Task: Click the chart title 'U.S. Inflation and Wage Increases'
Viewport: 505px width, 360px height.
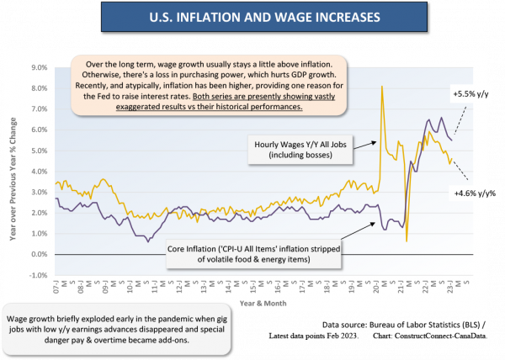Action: (x=253, y=16)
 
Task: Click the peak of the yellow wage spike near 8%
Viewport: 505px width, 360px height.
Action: (x=383, y=87)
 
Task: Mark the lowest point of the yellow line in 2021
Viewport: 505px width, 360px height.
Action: (x=407, y=241)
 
